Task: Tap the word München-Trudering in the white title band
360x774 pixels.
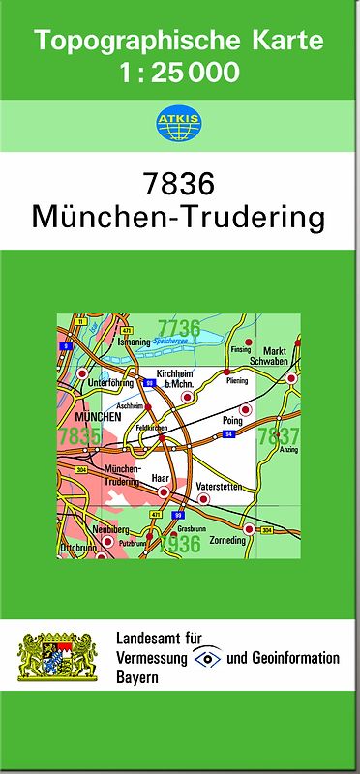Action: coord(179,216)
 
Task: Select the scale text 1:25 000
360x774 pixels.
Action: coord(179,72)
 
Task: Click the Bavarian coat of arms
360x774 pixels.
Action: coord(59,657)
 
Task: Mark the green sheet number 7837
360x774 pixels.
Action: coord(279,436)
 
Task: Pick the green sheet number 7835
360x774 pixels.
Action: coord(77,437)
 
